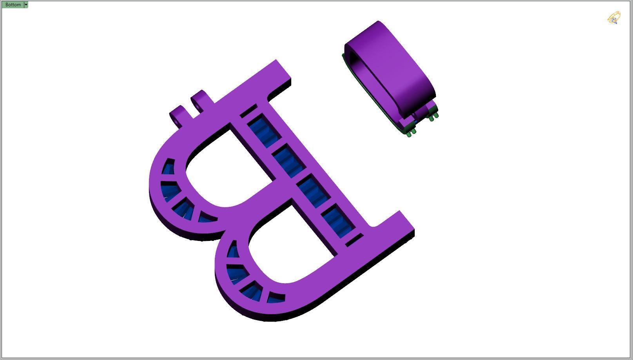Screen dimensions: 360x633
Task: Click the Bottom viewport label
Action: [13, 5]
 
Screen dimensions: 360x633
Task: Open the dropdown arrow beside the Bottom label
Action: [26, 5]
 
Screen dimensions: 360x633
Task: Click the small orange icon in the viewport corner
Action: [614, 18]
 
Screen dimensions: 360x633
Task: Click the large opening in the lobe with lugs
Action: [227, 168]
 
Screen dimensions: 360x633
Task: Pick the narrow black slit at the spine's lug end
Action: [248, 111]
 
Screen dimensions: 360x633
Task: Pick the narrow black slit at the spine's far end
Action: [354, 240]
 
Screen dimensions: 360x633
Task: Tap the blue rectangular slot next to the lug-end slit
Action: [265, 131]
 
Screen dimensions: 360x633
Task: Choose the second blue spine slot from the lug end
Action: [289, 161]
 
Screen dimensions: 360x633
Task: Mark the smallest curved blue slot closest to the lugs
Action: [169, 167]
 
